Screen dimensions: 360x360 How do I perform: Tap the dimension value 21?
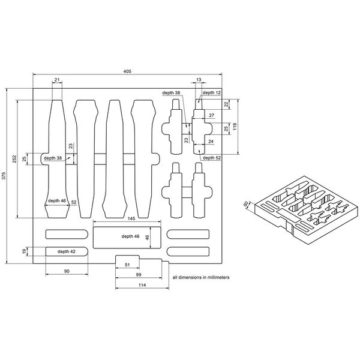coord(57,79)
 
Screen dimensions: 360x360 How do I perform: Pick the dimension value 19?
coord(24,250)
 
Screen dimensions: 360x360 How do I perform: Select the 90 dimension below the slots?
coord(67,272)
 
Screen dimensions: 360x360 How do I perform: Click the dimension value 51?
coord(127,264)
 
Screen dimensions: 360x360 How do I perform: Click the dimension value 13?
coord(199,79)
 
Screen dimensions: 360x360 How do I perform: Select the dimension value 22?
coord(227,104)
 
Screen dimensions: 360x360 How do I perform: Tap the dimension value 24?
coord(211,142)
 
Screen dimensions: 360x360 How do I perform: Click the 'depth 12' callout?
coord(212,93)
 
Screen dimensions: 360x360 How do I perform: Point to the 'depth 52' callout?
coord(212,157)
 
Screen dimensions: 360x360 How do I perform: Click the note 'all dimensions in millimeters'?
coord(200,278)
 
